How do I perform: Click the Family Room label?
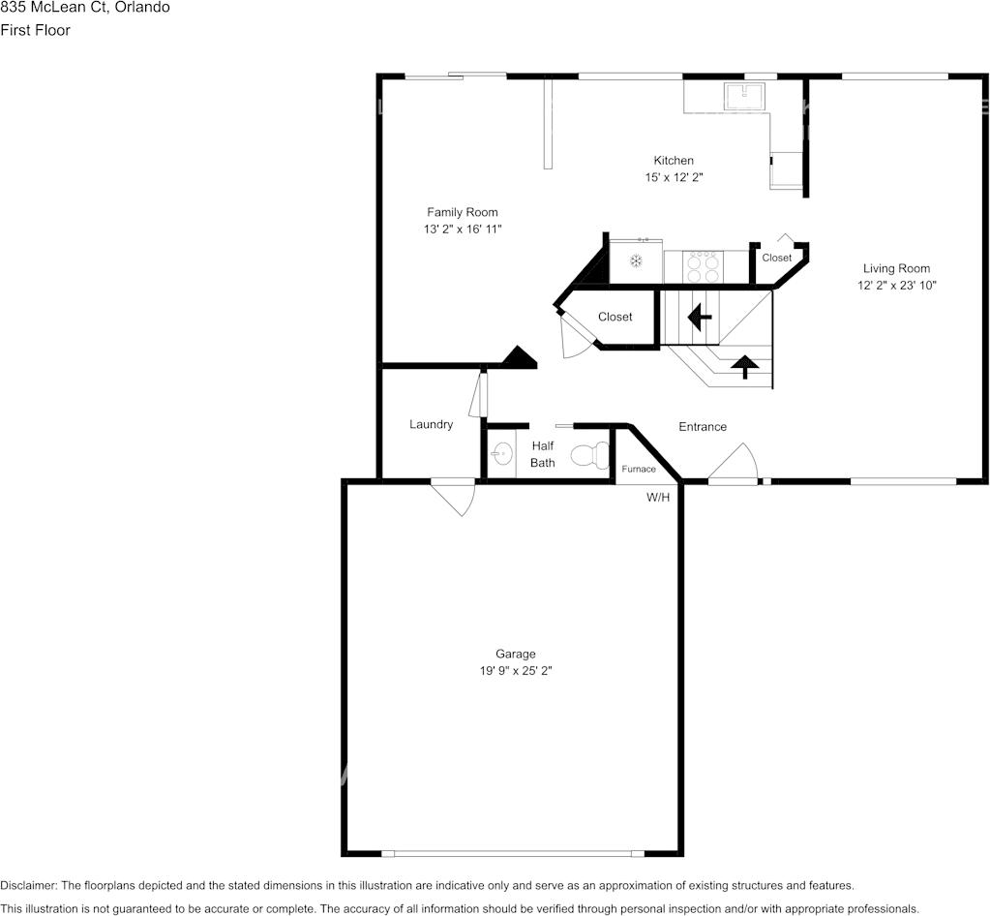pyautogui.click(x=463, y=212)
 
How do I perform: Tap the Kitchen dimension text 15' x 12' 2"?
pyautogui.click(x=674, y=177)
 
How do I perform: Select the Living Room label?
pyautogui.click(x=896, y=268)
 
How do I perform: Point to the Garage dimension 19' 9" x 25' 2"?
pyautogui.click(x=515, y=669)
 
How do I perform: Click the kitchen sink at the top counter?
pyautogui.click(x=744, y=95)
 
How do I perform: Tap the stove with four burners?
pyautogui.click(x=703, y=266)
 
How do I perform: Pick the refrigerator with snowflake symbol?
pyautogui.click(x=636, y=260)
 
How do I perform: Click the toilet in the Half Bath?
pyautogui.click(x=589, y=454)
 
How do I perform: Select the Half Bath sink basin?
pyautogui.click(x=501, y=453)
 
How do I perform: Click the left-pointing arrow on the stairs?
pyautogui.click(x=697, y=316)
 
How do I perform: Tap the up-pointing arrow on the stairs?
pyautogui.click(x=743, y=366)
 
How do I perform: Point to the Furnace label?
pyautogui.click(x=639, y=469)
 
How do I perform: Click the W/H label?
pyautogui.click(x=658, y=498)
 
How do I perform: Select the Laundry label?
pyautogui.click(x=431, y=424)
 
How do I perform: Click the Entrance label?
pyautogui.click(x=703, y=427)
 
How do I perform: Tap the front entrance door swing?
pyautogui.click(x=735, y=462)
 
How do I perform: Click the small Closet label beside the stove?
pyautogui.click(x=776, y=258)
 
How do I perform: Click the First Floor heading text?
pyautogui.click(x=35, y=30)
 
